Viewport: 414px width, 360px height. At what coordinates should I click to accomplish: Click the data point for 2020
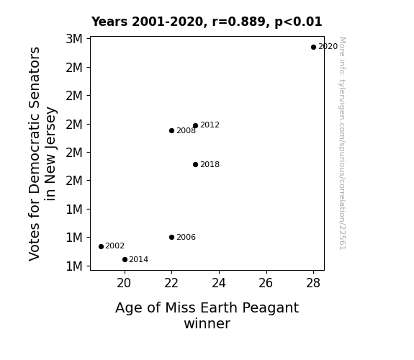[x=313, y=47]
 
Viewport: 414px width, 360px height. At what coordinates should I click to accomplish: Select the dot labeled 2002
[x=101, y=246]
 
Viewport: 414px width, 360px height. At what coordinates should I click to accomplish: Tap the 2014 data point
[x=125, y=260]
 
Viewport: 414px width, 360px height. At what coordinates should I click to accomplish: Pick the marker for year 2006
[x=171, y=237]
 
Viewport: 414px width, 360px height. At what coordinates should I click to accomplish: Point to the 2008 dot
[x=171, y=130]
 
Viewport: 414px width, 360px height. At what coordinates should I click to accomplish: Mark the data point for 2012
[x=195, y=125]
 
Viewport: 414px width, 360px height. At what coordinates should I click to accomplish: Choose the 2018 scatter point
[x=195, y=165]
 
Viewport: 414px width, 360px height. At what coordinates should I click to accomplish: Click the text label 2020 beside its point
[x=328, y=47]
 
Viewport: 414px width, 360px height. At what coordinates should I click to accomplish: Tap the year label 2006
[x=186, y=237]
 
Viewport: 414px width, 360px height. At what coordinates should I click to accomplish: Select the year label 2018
[x=210, y=164]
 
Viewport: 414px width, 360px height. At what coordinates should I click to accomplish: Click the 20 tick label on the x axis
[x=124, y=284]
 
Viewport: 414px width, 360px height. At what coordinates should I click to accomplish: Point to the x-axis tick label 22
[x=171, y=284]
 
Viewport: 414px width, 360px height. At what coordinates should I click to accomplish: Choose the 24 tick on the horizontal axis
[x=219, y=284]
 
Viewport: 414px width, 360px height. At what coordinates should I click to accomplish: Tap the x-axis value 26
[x=266, y=284]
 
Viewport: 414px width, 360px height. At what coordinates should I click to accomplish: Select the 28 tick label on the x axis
[x=313, y=284]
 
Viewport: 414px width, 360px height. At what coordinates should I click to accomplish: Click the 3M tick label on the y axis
[x=74, y=39]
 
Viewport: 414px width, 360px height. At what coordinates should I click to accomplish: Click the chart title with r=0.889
[x=207, y=22]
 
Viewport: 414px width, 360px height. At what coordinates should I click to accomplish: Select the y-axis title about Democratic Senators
[x=42, y=153]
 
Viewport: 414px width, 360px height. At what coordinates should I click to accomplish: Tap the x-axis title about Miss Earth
[x=207, y=315]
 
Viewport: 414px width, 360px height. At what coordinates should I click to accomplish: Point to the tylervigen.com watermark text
[x=343, y=143]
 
